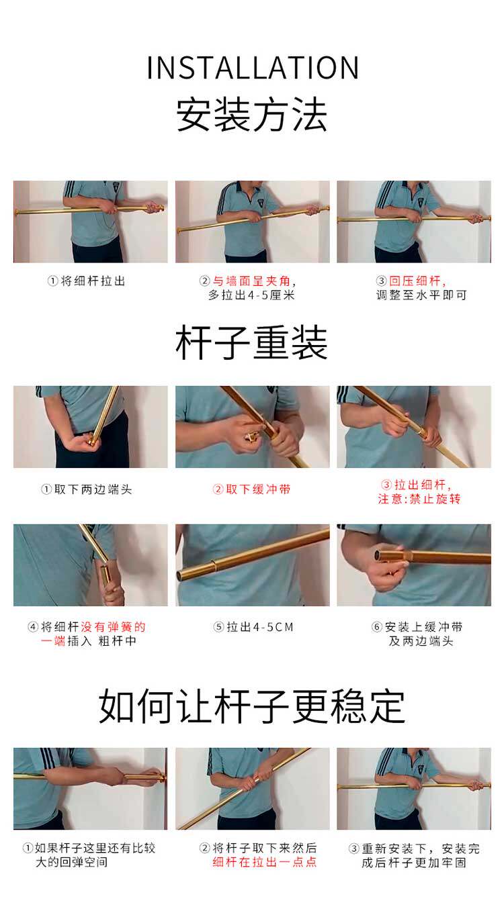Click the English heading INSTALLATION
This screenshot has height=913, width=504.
253,68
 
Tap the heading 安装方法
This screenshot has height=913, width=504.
252,115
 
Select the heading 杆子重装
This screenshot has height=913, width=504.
252,342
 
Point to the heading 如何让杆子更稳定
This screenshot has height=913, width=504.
252,706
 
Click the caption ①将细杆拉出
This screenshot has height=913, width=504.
87,281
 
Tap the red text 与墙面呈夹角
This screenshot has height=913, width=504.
251,281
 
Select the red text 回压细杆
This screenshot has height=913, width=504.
415,281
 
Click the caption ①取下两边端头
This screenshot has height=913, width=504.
87,489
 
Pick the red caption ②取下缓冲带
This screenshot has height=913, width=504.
251,489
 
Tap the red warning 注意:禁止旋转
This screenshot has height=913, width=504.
419,499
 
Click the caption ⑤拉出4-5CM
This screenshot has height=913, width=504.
253,627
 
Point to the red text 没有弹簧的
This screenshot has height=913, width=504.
113,627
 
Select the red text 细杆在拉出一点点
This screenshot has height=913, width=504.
265,862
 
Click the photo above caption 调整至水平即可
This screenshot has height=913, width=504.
414,222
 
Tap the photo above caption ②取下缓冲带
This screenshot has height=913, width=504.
253,427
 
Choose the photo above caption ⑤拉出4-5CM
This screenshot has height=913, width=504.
253,565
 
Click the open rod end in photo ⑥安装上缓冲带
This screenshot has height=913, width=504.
380,555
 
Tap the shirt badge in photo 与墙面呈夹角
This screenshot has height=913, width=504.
260,202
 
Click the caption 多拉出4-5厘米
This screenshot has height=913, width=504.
251,295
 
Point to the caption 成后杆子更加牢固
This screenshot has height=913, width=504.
414,863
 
